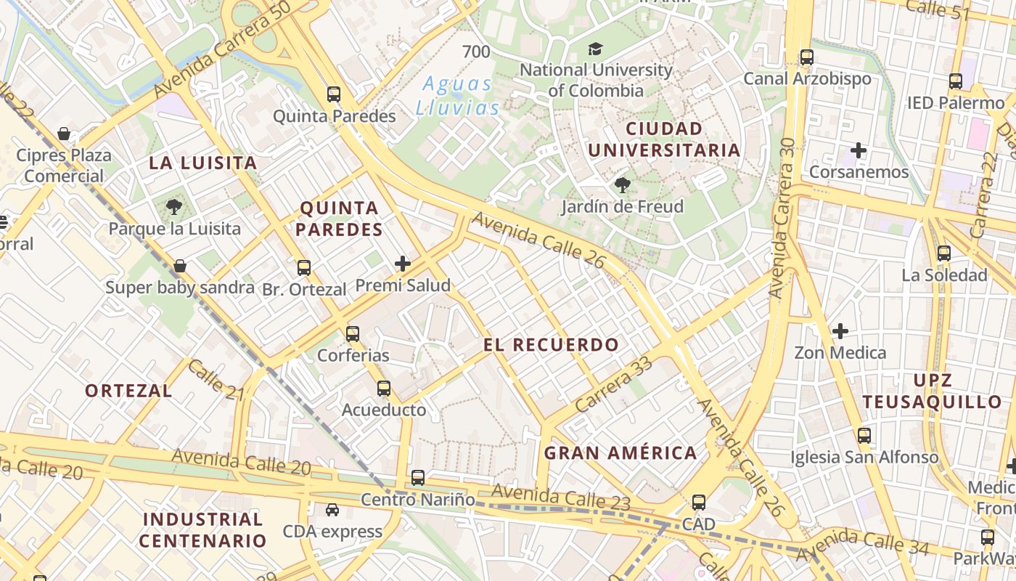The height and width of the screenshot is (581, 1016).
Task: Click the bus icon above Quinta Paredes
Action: tap(334, 94)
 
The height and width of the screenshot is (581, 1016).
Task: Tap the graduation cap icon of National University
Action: tap(595, 49)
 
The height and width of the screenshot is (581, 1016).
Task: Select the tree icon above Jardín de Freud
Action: tap(622, 185)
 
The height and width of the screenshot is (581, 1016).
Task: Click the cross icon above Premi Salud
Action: tap(403, 264)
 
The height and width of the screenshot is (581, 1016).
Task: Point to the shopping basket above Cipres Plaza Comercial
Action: tap(64, 134)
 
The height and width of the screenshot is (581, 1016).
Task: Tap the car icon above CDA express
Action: tap(332, 510)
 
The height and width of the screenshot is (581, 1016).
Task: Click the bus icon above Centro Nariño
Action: tap(418, 478)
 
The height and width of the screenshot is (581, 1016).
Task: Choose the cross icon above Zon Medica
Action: tap(840, 331)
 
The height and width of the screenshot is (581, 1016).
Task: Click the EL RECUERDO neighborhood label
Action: tap(552, 345)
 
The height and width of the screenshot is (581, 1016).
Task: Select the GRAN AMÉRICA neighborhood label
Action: tap(620, 453)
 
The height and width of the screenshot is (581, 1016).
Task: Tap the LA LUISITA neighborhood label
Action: tap(203, 163)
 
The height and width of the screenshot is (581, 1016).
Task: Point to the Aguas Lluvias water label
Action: tap(458, 96)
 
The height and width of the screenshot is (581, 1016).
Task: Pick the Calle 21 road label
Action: tap(216, 380)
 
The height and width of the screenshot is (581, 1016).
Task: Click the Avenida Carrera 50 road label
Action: tap(224, 49)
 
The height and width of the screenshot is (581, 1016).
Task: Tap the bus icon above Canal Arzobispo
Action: tap(806, 57)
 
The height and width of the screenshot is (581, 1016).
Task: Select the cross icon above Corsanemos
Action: tap(859, 150)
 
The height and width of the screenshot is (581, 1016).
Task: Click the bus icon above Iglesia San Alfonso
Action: tap(864, 436)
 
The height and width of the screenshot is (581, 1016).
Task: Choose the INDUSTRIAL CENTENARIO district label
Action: tap(203, 529)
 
